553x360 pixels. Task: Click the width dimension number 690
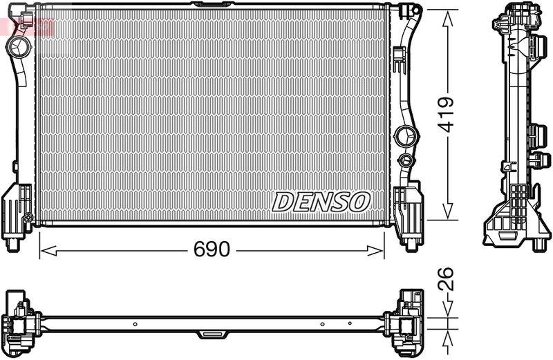click(x=211, y=249)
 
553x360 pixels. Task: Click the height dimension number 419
click(x=447, y=114)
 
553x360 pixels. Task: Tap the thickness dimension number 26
click(x=447, y=281)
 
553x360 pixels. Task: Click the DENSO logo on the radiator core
click(x=321, y=201)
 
